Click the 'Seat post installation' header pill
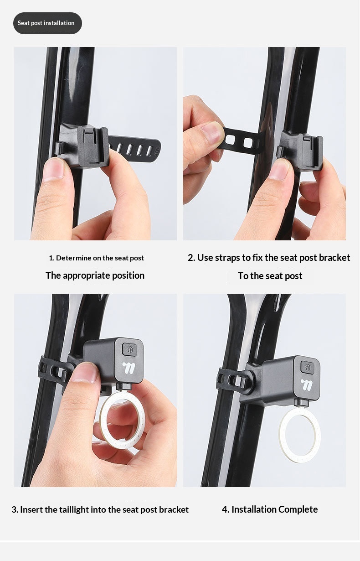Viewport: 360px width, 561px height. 47,23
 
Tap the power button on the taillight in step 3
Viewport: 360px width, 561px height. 129,349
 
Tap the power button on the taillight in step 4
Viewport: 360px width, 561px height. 307,368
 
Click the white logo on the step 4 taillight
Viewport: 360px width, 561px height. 307,385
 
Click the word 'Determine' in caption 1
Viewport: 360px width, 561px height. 70,258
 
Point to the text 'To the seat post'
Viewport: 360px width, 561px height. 270,276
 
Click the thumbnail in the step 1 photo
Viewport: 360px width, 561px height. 55,168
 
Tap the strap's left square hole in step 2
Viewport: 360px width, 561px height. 230,140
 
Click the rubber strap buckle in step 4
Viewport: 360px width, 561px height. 231,381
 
